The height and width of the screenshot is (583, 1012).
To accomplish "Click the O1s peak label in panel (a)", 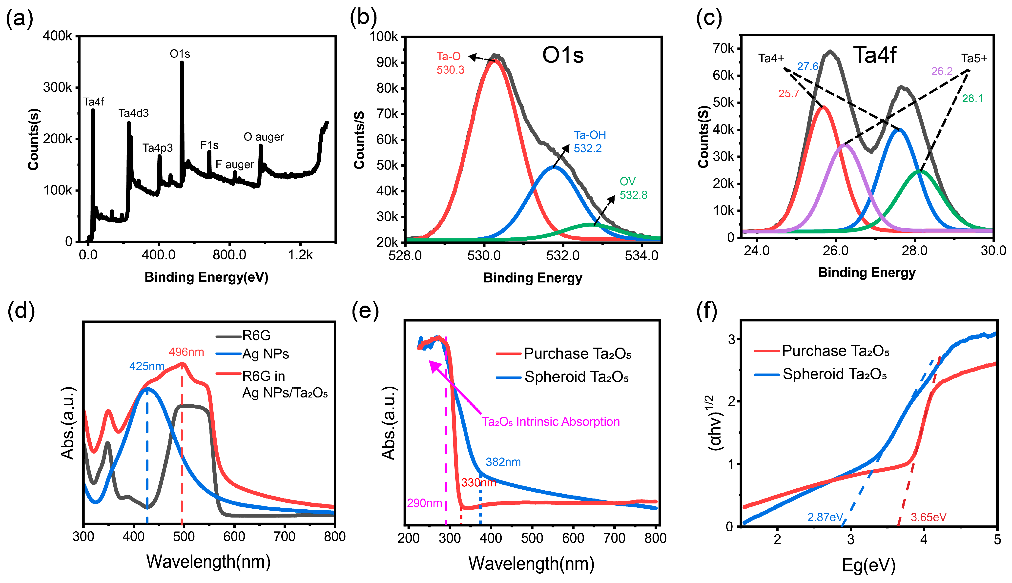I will point(180,54).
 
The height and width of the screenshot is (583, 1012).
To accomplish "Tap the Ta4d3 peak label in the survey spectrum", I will point(133,113).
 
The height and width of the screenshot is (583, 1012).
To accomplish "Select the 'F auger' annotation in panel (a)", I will point(235,165).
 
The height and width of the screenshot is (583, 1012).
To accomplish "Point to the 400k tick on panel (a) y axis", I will point(57,36).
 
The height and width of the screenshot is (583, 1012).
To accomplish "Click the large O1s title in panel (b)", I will point(563,55).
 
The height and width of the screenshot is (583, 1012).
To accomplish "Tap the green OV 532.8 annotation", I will point(633,188).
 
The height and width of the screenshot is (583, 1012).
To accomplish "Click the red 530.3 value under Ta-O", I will point(450,70).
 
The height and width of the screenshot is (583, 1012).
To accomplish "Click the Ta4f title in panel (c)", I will point(875,55).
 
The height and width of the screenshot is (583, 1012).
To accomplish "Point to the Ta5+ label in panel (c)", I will point(974,59).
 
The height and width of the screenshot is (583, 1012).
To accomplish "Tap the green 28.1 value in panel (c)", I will point(972,99).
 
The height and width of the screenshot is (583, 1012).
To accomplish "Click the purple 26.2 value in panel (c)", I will point(942,71).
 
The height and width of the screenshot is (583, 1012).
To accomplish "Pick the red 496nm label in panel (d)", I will point(186,352).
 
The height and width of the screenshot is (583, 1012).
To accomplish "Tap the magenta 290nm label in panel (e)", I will point(424,503).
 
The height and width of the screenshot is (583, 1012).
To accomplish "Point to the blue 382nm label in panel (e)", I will point(503,462).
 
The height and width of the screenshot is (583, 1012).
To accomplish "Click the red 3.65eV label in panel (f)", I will point(928,517).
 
